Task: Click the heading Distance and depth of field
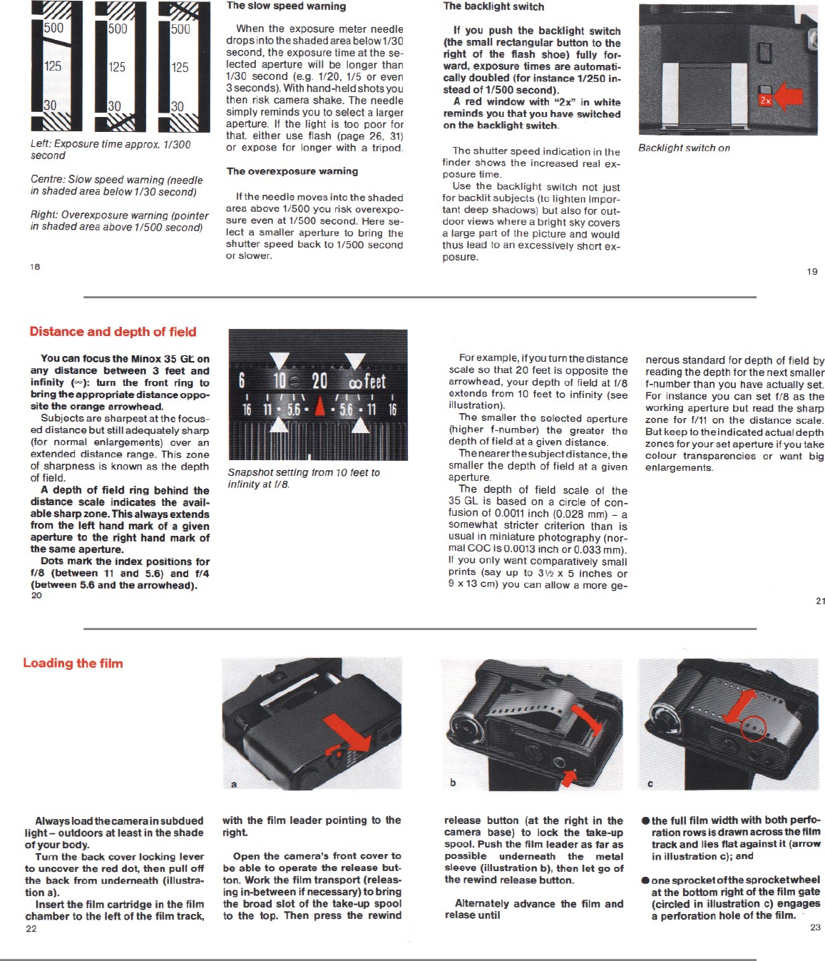pos(113,332)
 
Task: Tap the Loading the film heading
pos(73,663)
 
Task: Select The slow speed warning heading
pos(286,6)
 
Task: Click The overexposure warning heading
pos(292,171)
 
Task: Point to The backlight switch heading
pos(493,6)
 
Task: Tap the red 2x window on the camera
pos(765,100)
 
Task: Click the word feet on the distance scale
pos(374,382)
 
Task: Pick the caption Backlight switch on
pos(684,148)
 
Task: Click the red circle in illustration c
pos(753,728)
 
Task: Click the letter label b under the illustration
pos(453,783)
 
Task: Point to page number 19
pos(812,272)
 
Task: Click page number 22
pos(31,929)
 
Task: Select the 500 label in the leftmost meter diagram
pos(53,29)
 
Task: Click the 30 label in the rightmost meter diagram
pos(178,106)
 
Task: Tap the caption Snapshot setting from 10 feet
pos(304,478)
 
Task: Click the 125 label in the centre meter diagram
pos(117,67)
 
